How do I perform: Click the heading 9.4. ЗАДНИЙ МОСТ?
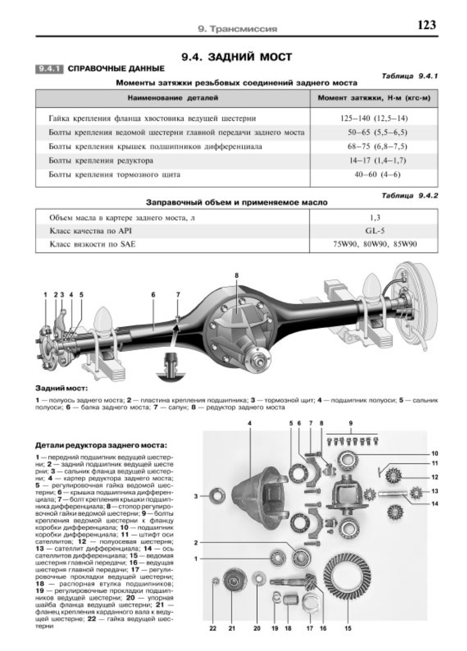233,57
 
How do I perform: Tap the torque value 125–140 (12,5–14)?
374,119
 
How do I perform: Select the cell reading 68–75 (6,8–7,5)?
374,146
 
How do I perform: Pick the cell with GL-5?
374,230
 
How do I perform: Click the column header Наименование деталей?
172,97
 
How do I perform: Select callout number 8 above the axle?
237,275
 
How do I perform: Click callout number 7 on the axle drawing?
178,294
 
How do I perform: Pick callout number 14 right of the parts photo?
435,504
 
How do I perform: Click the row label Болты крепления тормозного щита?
114,174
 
